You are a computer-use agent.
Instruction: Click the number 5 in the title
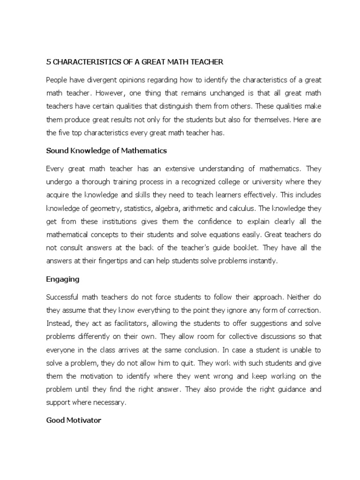tap(48, 61)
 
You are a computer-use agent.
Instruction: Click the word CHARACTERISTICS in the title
tap(80, 61)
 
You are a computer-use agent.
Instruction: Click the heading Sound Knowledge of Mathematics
tap(106, 151)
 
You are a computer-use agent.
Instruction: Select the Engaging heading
tap(63, 279)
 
